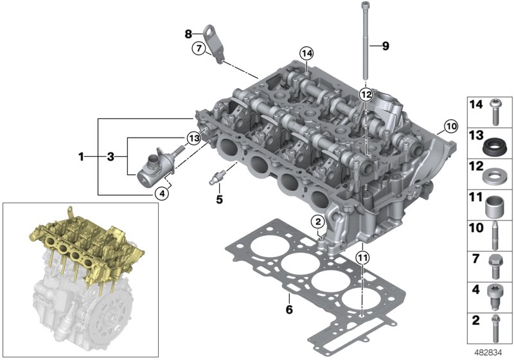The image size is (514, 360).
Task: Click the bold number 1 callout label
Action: [82, 156]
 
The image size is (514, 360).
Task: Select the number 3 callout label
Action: [110, 156]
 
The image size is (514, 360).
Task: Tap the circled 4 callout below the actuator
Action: [164, 191]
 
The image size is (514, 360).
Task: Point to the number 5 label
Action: [219, 199]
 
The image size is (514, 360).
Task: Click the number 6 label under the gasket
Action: [289, 310]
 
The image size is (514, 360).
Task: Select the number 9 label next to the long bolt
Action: [385, 46]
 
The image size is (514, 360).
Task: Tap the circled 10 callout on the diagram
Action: [450, 127]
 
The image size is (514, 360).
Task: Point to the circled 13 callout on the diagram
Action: [194, 138]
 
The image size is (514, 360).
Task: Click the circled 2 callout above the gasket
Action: [317, 222]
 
